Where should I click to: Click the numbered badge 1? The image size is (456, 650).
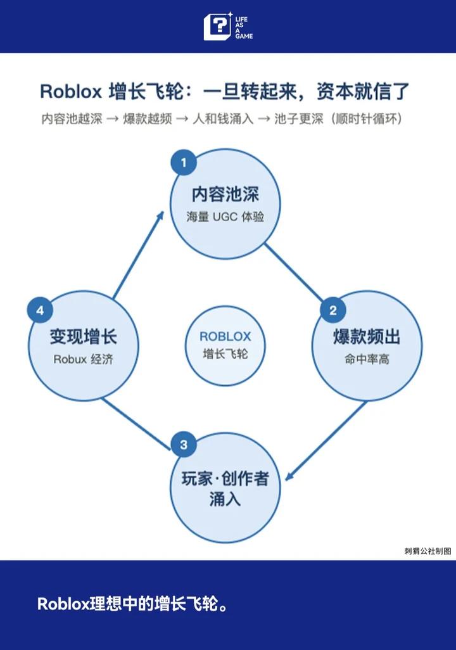coord(184,162)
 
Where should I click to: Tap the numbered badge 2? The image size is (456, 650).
coord(333,310)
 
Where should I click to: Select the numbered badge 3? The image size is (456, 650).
coord(184,445)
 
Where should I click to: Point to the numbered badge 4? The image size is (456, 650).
coord(40,310)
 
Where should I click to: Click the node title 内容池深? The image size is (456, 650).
coord(225,194)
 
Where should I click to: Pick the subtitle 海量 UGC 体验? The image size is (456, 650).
coord(225,217)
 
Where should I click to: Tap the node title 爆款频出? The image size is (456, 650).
coord(367,336)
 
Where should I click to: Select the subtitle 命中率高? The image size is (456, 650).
coord(367,359)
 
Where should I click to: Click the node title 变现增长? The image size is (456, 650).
coord(84,336)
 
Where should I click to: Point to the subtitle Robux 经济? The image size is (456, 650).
coord(84,359)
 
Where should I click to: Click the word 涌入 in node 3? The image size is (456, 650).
coord(225,499)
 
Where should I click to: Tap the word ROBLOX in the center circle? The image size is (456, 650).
coord(225,336)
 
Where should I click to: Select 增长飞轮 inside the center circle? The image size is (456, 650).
coord(225,354)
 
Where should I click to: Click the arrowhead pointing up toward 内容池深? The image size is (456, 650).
coord(160,216)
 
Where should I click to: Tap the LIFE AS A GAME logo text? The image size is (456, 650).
coord(244,28)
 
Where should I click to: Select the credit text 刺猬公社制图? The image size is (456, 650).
coord(427,551)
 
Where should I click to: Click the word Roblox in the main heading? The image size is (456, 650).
coord(71,92)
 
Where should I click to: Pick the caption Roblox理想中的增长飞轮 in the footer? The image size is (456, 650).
coord(132,604)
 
